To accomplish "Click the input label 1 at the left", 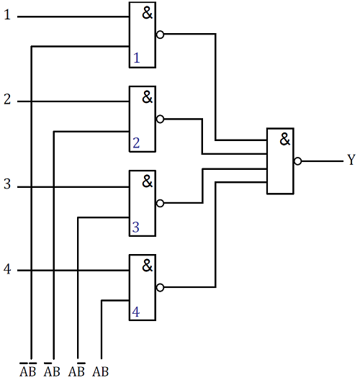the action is (7, 14).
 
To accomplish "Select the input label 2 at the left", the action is (7, 99).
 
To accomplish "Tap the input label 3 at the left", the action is (7, 184).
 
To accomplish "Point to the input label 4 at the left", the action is (7, 269).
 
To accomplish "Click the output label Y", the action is (351, 160).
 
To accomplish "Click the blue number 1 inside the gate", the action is (137, 58).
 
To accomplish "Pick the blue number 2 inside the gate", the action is (136, 142).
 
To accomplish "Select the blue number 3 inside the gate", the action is (136, 227).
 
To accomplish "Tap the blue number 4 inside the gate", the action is (136, 312).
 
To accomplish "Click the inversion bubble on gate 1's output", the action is (160, 35).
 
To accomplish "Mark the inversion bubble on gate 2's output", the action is (160, 119).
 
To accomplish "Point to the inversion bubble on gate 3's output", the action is (160, 203).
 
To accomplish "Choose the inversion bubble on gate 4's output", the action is (160, 287).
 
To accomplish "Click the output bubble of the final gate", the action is (297, 161).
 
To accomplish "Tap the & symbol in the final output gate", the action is (285, 139).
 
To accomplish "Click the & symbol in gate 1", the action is (147, 13).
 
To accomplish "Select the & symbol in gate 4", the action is (147, 266).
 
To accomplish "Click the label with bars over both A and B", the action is (28, 370).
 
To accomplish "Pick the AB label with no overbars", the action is (100, 371).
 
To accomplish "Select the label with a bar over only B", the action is (76, 370).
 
